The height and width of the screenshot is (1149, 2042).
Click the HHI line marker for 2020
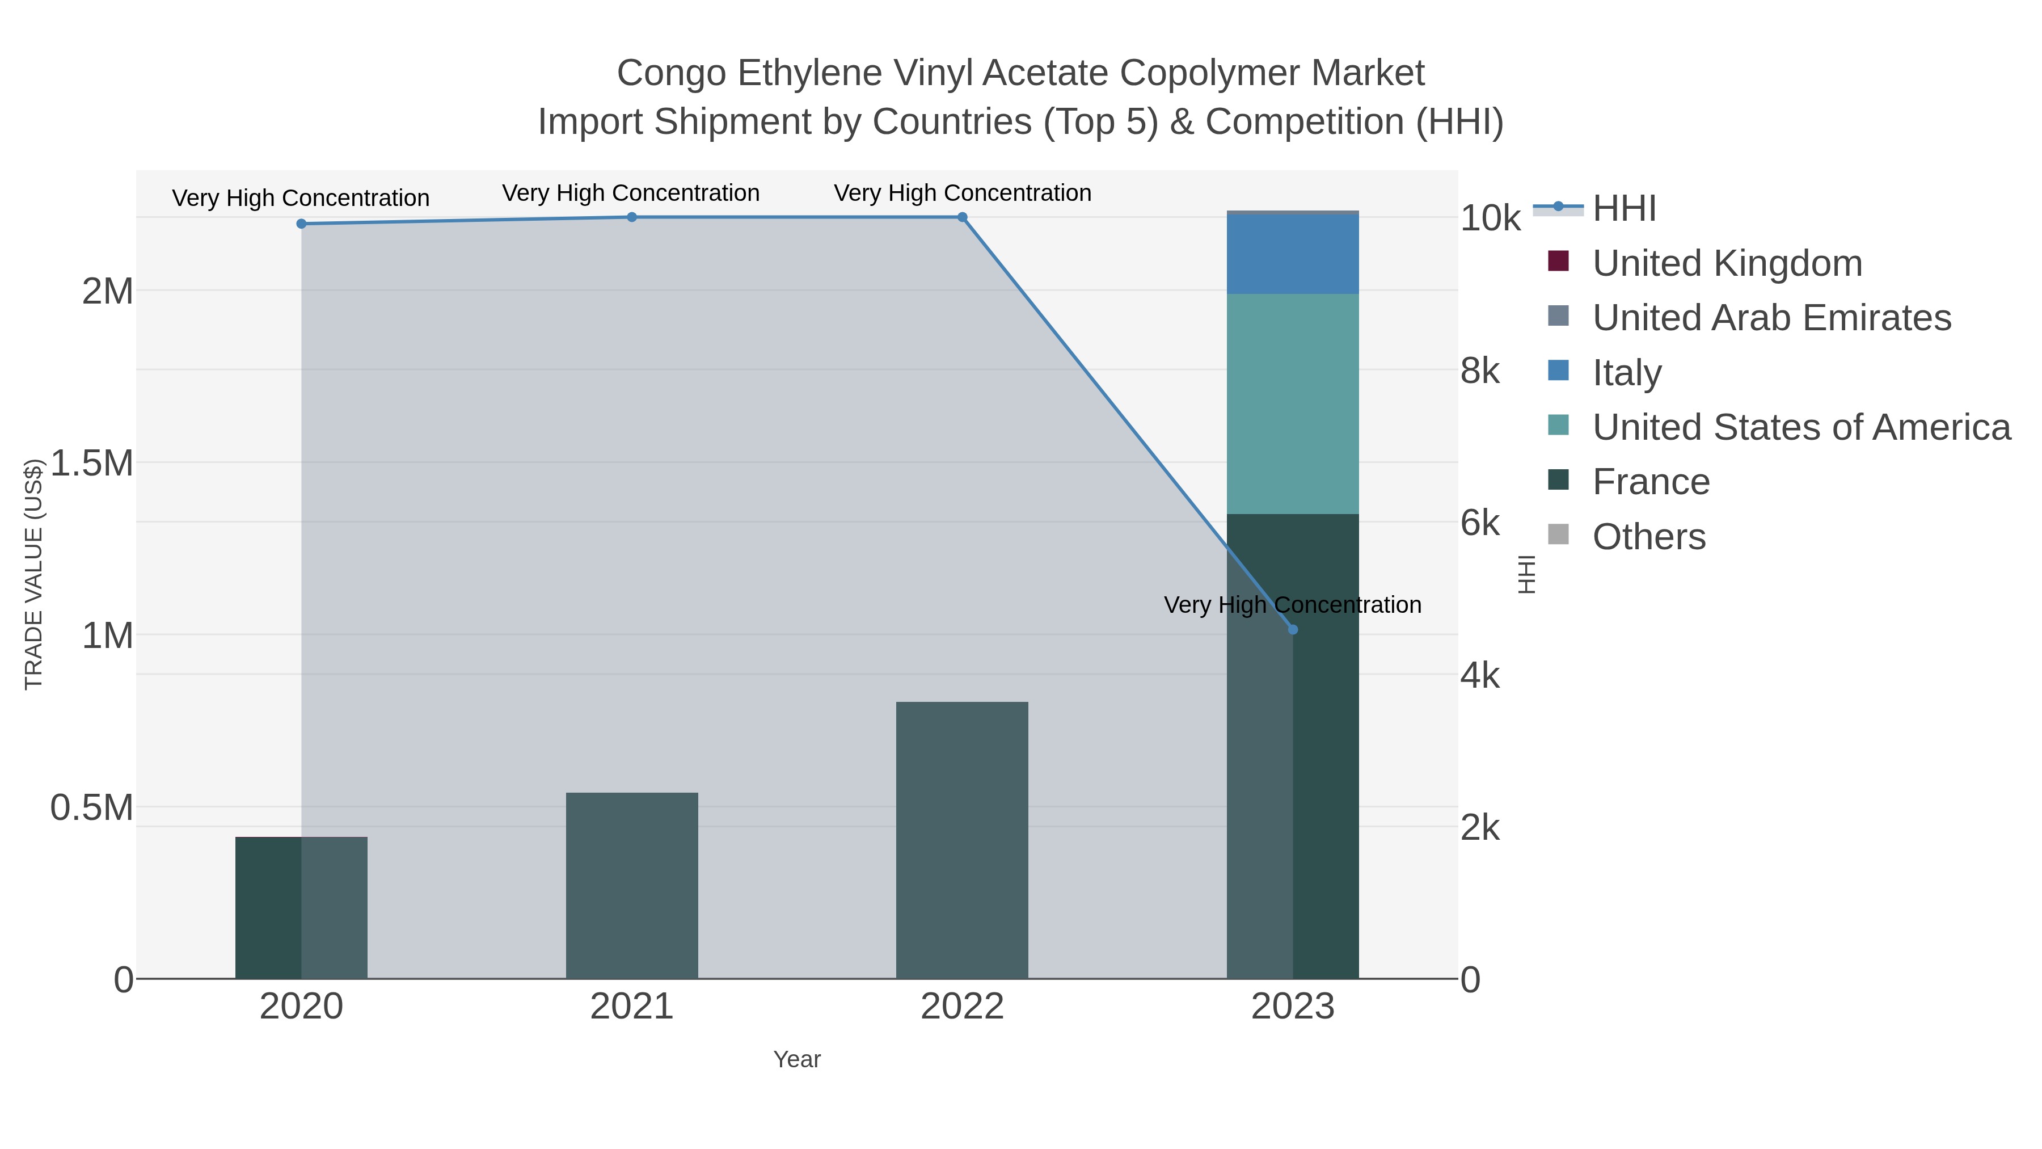point(301,224)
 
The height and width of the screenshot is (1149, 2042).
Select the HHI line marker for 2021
point(632,217)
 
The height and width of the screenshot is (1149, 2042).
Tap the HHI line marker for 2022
point(963,217)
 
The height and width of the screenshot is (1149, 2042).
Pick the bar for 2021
point(632,885)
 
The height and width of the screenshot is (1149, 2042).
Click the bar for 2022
point(963,840)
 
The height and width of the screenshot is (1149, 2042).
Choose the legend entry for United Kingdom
point(1727,263)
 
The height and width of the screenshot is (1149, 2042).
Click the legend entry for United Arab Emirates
point(1771,318)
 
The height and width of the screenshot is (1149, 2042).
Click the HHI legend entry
point(1623,209)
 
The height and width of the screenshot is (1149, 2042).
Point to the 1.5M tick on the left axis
point(92,463)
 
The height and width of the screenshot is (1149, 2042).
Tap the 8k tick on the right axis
point(1479,371)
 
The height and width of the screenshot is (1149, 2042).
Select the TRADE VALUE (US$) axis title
point(33,574)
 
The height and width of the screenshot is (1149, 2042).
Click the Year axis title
point(797,1059)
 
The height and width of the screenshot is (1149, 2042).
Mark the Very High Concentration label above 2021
point(631,193)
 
